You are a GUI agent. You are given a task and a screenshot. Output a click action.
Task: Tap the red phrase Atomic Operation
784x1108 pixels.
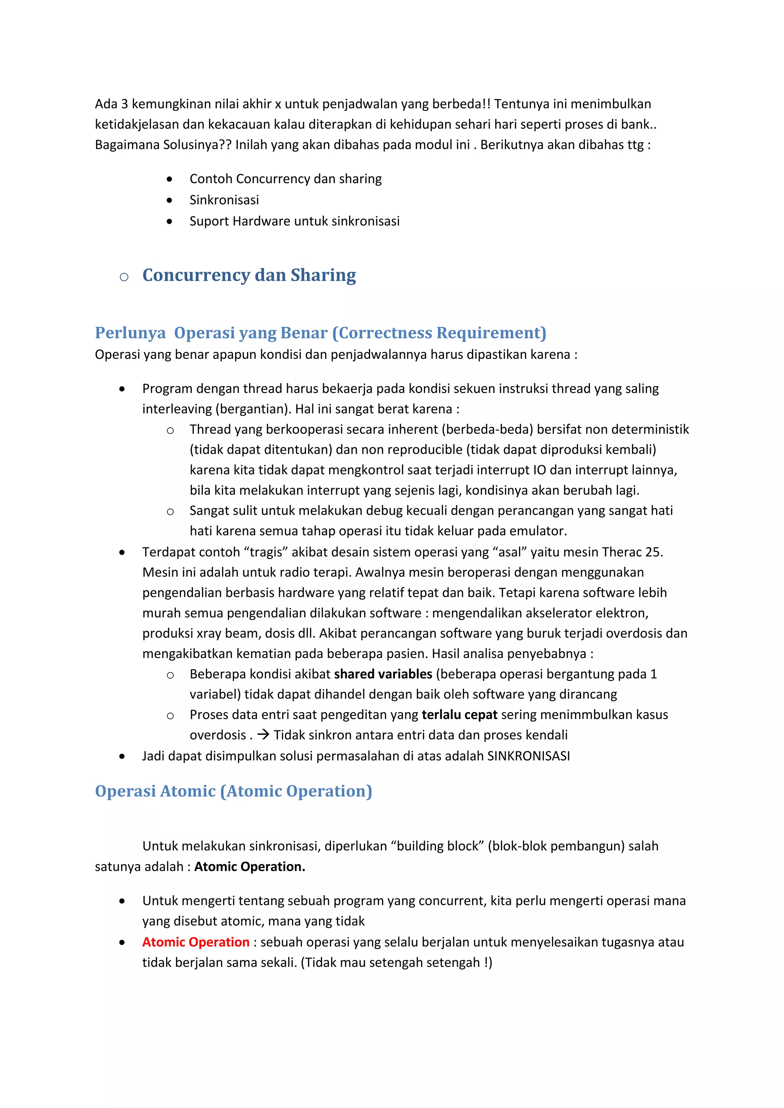196,942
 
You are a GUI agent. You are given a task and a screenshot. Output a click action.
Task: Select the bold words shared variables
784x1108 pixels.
383,674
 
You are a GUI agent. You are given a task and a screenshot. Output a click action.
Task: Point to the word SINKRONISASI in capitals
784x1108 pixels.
528,756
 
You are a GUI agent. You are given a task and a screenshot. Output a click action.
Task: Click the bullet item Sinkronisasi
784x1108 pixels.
224,200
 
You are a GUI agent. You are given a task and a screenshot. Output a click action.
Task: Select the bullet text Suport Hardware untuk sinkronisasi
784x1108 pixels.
294,221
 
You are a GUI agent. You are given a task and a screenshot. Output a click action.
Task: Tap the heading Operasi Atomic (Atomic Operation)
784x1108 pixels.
233,791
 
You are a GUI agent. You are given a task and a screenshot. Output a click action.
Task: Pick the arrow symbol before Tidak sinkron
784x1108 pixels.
263,735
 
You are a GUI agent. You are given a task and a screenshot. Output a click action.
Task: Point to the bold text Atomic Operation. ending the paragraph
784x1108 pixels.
250,866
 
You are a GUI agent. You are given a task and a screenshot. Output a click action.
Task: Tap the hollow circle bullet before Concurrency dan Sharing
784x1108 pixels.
124,277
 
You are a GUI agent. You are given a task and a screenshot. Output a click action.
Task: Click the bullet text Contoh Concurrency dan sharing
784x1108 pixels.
285,179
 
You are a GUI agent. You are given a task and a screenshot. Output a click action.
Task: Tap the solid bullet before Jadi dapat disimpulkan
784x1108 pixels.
122,756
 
